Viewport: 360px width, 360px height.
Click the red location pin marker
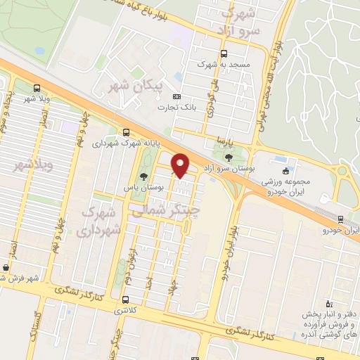[x=181, y=165]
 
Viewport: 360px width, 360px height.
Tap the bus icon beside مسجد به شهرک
[x=224, y=53]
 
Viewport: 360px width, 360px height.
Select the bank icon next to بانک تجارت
[x=176, y=96]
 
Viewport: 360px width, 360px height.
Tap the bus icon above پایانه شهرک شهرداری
[x=126, y=131]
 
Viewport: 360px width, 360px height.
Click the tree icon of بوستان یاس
[x=144, y=176]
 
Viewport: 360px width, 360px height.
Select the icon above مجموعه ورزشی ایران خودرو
[x=285, y=171]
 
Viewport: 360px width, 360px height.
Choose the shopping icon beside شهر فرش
[x=6, y=267]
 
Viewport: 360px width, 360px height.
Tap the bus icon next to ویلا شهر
[x=37, y=89]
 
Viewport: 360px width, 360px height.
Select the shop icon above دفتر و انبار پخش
[x=328, y=298]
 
